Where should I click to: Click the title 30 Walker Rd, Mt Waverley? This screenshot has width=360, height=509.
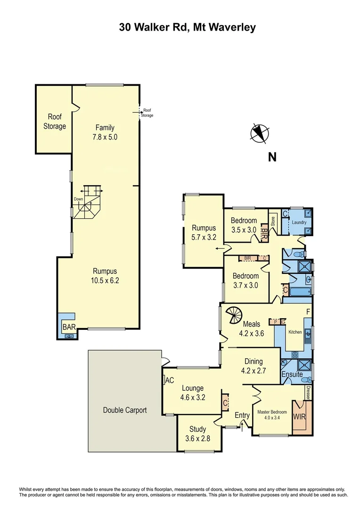point(187,27)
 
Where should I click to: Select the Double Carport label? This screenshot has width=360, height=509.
point(125,410)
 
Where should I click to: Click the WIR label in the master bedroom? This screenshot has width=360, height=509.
point(299,417)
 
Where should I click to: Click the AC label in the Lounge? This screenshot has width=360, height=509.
point(170,380)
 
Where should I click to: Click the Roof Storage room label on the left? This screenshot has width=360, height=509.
point(55,122)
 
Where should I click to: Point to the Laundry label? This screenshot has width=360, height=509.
point(298,222)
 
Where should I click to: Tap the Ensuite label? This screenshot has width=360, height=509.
point(293,374)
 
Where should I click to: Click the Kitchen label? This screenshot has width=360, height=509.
point(295,332)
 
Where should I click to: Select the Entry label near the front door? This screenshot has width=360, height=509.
point(242,415)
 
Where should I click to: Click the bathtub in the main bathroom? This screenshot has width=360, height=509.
point(297,293)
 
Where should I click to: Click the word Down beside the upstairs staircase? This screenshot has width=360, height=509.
point(78,199)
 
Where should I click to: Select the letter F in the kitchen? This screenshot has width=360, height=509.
point(308,312)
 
